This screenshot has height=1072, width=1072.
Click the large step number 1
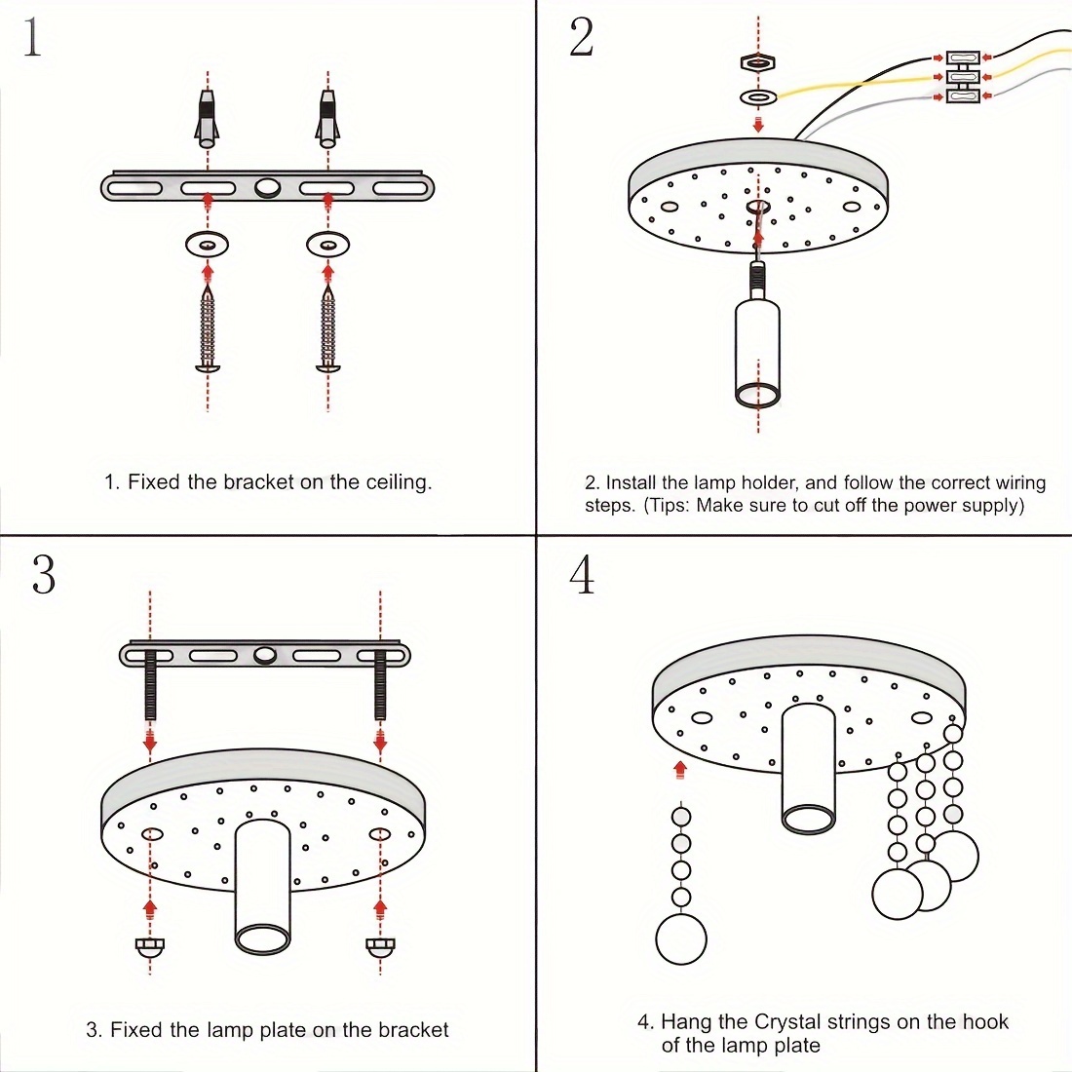pyautogui.click(x=33, y=38)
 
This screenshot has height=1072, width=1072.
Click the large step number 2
pyautogui.click(x=582, y=38)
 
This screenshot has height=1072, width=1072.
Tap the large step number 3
pyautogui.click(x=44, y=575)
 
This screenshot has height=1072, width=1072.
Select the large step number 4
pyautogui.click(x=582, y=575)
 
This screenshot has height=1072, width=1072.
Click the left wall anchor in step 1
pyautogui.click(x=207, y=116)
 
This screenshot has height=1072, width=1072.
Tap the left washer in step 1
pyautogui.click(x=207, y=243)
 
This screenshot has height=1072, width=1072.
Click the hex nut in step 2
pyautogui.click(x=758, y=63)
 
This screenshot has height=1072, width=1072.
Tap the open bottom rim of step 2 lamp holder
pyautogui.click(x=757, y=396)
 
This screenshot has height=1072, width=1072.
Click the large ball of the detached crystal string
pyautogui.click(x=681, y=939)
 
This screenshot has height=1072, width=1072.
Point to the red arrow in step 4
pyautogui.click(x=680, y=770)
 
